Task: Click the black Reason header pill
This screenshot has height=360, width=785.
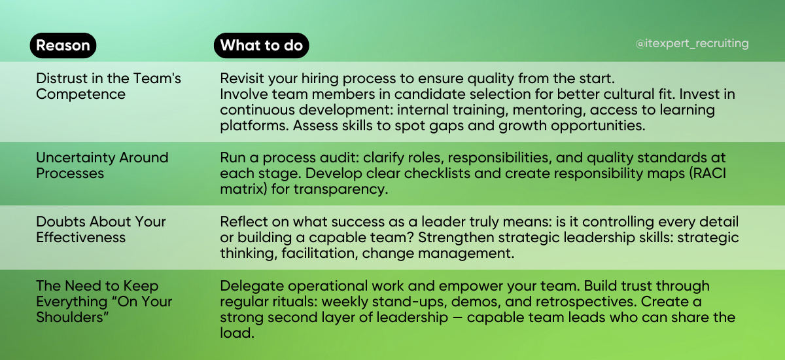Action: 63,45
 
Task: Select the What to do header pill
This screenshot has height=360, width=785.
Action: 261,45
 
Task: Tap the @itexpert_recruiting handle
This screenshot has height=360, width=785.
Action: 692,44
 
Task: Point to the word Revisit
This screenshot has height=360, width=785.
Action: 243,79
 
